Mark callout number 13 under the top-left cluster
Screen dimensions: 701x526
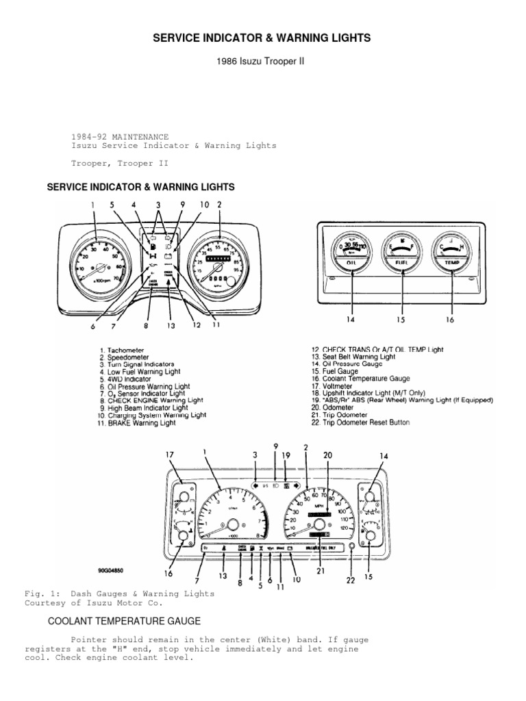tap(171, 325)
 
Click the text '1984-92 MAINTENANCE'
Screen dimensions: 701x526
tap(120, 136)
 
